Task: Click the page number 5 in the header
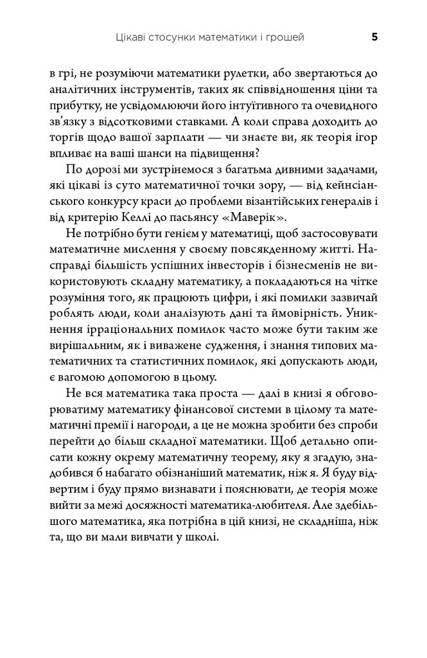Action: click(374, 37)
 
